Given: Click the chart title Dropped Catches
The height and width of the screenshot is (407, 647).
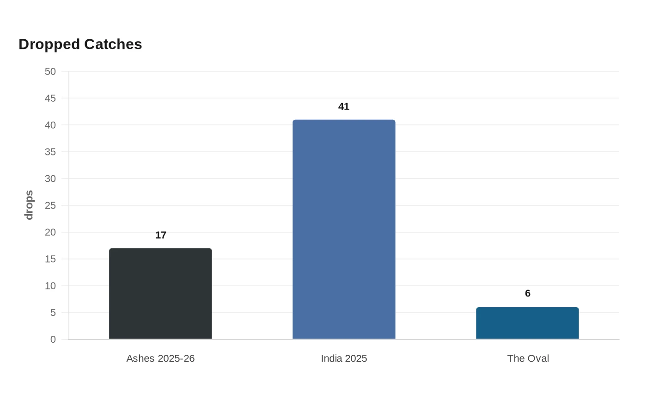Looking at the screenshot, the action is (x=80, y=44).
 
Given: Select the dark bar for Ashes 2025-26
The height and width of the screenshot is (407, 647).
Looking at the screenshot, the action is (x=160, y=294).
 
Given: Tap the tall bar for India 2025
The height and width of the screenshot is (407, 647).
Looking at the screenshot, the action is (x=344, y=229).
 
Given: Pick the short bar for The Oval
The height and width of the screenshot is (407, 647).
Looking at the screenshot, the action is (x=527, y=323).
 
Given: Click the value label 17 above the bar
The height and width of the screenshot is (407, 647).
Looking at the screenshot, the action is (x=161, y=235).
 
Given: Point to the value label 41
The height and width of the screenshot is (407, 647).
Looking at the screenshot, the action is (x=344, y=107).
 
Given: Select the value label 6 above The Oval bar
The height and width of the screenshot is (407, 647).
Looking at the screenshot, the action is (x=528, y=293).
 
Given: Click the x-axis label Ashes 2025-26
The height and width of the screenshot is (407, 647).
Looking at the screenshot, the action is (x=161, y=358).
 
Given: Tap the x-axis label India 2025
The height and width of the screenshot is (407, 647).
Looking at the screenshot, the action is (x=344, y=358).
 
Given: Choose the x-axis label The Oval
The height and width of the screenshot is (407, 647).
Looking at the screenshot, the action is (x=528, y=358).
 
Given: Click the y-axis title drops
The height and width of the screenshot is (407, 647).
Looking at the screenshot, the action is (x=29, y=205).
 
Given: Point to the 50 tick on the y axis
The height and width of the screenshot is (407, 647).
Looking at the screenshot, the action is (x=50, y=71).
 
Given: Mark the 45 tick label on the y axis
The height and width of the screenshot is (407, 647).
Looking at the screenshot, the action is (x=50, y=98).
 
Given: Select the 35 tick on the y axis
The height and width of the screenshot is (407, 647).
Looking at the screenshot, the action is (x=50, y=152).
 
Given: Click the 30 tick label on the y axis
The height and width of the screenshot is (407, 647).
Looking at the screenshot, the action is (x=50, y=179).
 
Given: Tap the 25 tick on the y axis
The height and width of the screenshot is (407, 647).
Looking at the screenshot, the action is (x=50, y=205).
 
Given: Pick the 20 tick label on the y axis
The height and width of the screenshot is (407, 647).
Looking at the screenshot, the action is (x=50, y=232).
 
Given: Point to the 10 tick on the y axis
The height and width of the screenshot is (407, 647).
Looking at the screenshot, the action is (x=50, y=286).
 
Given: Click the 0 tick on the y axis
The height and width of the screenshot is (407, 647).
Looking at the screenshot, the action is (x=53, y=339).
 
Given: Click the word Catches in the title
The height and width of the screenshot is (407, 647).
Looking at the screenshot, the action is (x=113, y=44).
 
